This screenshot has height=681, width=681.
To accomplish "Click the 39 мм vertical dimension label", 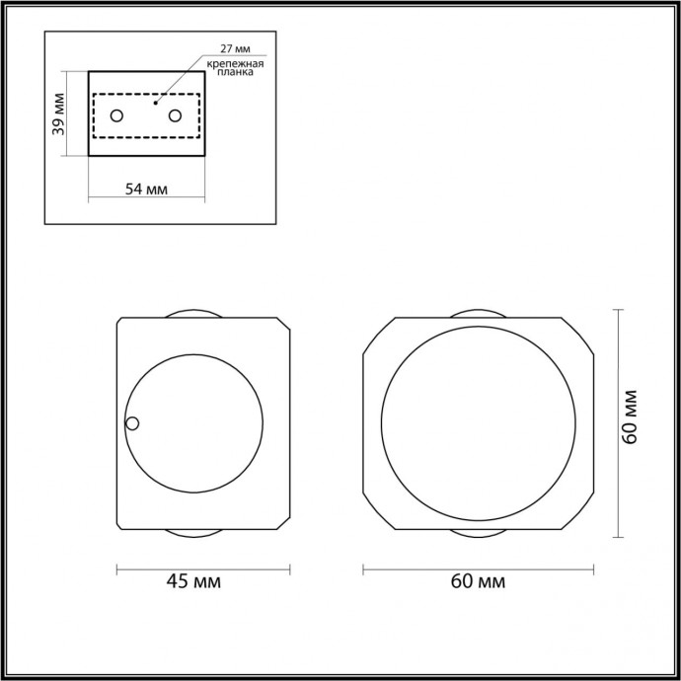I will (x=58, y=114).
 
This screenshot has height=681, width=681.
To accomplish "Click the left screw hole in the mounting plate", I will (x=115, y=115).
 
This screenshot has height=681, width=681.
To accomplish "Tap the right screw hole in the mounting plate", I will (x=176, y=115).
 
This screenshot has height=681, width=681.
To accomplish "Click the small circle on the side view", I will (x=132, y=424).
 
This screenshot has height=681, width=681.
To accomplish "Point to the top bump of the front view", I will (x=478, y=314).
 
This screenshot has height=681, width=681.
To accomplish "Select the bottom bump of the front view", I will (x=478, y=533).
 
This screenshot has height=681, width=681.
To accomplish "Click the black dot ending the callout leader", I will (x=155, y=101).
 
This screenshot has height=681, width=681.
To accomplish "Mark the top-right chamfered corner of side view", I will (x=285, y=325).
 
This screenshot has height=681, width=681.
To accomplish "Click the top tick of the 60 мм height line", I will (x=619, y=310).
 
